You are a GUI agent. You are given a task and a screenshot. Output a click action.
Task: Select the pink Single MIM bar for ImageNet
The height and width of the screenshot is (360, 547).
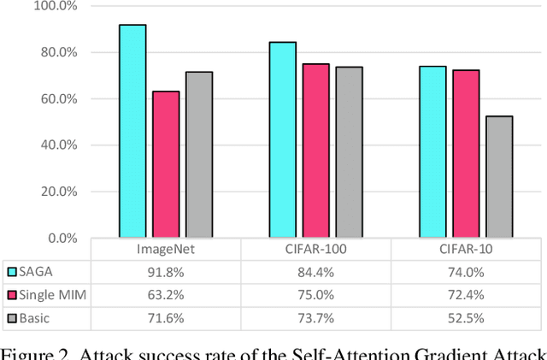click(x=166, y=164)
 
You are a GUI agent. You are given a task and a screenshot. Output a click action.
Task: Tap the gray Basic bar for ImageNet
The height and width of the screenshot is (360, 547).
click(x=198, y=155)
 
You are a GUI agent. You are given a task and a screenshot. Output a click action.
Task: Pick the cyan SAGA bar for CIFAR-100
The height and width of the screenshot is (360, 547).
click(x=282, y=139)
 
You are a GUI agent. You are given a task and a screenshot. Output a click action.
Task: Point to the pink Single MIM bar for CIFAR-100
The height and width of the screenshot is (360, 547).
click(x=315, y=150)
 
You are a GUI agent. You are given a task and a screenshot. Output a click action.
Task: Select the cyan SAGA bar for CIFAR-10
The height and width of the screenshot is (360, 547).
click(x=432, y=151)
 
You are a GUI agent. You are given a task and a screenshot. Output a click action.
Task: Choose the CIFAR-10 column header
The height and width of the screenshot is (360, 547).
click(x=466, y=249)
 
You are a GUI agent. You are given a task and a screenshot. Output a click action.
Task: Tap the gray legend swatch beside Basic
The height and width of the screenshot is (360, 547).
click(x=13, y=318)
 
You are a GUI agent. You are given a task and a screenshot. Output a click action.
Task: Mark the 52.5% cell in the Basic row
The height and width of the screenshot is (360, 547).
click(x=466, y=318)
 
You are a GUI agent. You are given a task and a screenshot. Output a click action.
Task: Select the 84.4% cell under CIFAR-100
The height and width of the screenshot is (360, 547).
click(x=315, y=271)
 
